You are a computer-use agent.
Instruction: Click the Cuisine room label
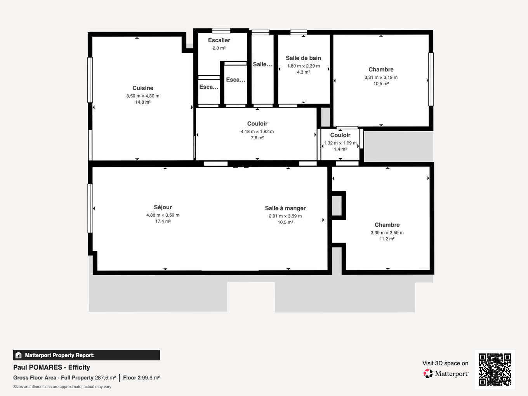(142, 88)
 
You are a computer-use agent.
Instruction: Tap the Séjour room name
(163, 207)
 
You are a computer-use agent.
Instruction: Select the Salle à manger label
(285, 208)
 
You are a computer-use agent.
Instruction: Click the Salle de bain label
(303, 58)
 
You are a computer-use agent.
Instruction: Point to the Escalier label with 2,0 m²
(219, 40)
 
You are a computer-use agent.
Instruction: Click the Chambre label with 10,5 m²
(381, 69)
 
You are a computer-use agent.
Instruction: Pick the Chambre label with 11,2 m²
(387, 225)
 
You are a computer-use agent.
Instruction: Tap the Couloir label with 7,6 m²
(257, 124)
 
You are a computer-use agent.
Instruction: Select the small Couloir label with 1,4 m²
(340, 135)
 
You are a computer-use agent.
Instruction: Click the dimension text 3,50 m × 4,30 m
(142, 96)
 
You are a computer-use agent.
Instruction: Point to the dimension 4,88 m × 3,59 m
(163, 215)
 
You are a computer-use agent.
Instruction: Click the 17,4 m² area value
(163, 221)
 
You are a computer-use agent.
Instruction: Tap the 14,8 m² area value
(142, 102)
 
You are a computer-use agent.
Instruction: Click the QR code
(495, 369)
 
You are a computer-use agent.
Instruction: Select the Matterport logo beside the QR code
(446, 373)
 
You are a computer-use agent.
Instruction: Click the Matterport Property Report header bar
(87, 355)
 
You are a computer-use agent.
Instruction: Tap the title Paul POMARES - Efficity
(52, 367)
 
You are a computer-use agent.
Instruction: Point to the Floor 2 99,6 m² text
(141, 377)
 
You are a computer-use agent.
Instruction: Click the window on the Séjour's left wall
(90, 208)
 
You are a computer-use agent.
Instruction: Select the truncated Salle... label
(262, 64)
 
